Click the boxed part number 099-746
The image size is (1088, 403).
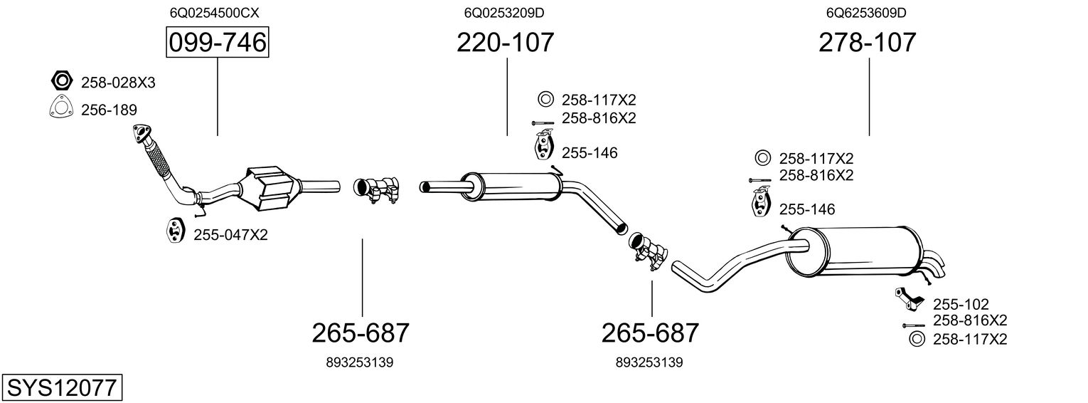point(217,43)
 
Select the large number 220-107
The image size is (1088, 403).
point(505,43)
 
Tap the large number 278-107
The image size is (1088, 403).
point(868,43)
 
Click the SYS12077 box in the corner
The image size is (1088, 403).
point(61,388)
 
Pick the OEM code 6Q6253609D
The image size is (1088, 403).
point(866,12)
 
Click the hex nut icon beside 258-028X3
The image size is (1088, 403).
point(61,80)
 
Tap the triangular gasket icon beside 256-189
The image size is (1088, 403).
point(61,108)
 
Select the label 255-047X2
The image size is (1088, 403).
point(230,234)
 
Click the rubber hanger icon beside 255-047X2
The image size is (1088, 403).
point(174,231)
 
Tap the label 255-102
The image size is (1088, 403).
point(961,304)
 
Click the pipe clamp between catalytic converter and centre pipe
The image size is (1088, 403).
point(378,189)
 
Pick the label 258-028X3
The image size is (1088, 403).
point(118,83)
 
